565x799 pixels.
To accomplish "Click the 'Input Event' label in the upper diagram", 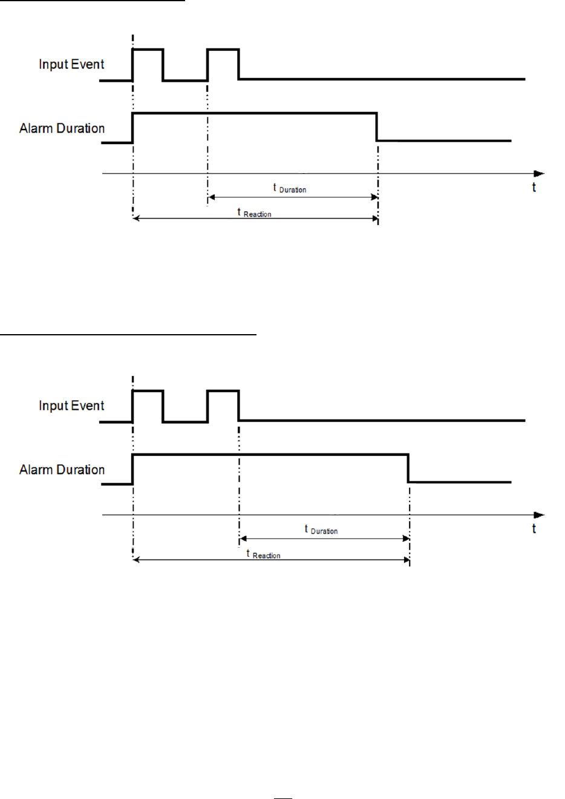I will click(x=71, y=64).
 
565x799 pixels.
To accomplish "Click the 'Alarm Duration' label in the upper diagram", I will click(x=62, y=128).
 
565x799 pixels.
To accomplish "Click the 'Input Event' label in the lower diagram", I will click(x=71, y=406).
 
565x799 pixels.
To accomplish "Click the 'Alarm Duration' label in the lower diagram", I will click(x=62, y=470).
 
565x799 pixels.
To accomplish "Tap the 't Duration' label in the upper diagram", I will click(x=290, y=189).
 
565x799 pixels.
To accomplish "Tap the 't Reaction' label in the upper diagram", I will click(x=254, y=213).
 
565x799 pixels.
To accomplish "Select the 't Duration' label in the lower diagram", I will click(x=321, y=530).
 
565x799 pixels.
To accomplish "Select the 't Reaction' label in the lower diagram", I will click(x=263, y=554).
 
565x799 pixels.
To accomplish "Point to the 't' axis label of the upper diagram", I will click(x=534, y=188).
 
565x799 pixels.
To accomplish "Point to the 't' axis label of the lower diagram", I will click(x=534, y=529).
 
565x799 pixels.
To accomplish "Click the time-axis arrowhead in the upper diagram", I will click(x=539, y=174).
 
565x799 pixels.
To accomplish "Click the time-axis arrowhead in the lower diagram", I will click(x=539, y=515).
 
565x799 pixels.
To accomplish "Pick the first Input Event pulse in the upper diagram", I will click(x=148, y=50).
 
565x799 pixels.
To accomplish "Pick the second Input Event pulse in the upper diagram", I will click(x=223, y=50).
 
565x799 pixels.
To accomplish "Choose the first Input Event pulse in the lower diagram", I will click(x=148, y=392).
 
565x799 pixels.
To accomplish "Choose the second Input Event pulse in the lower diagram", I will click(x=223, y=392).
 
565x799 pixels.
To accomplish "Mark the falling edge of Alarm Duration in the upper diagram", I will click(x=377, y=127).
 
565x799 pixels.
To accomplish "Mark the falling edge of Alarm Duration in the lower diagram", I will click(x=408, y=468).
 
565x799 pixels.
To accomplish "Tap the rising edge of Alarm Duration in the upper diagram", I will click(x=132, y=128).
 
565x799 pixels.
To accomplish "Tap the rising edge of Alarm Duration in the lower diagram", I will click(x=132, y=469).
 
